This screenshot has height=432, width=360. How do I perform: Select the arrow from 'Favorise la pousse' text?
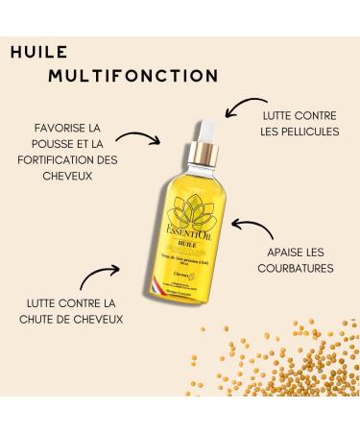pos(140,140)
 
